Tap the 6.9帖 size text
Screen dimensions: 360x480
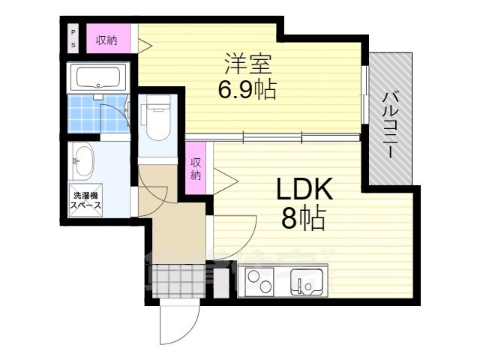247,91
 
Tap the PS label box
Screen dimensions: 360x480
73,37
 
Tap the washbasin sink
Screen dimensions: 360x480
82,160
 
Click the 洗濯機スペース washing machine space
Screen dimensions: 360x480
85,199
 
